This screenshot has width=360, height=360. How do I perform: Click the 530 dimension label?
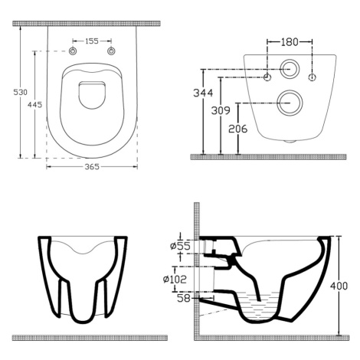point(20,92)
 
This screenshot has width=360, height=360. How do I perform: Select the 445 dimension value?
point(34,104)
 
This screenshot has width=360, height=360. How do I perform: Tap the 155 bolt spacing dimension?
point(92,41)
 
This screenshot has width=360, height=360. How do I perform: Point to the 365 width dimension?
point(92,167)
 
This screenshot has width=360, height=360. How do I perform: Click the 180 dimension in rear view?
point(290,42)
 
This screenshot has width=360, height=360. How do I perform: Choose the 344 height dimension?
point(203,93)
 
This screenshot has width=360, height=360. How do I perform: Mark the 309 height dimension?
point(221,110)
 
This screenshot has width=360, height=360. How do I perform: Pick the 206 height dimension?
point(238,129)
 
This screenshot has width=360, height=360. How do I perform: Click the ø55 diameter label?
point(180,246)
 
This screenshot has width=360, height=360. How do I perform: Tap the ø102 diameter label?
point(175,280)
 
